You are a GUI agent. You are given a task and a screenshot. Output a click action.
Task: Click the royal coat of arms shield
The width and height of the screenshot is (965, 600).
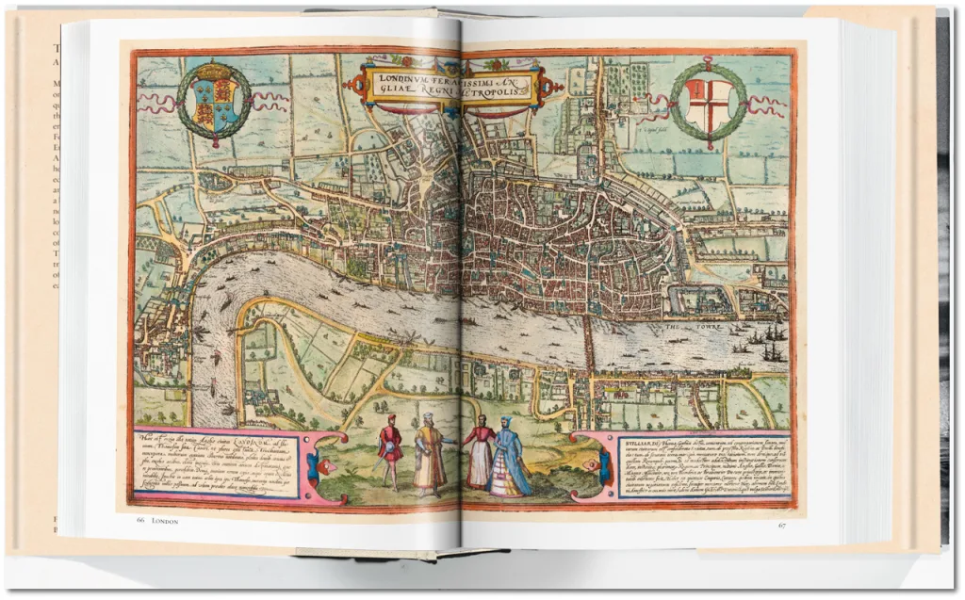[215, 105]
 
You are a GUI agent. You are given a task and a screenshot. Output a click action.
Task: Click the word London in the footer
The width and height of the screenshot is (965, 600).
[165, 521]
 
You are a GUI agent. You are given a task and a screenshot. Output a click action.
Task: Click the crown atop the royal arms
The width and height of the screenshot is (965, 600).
[215, 73]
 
